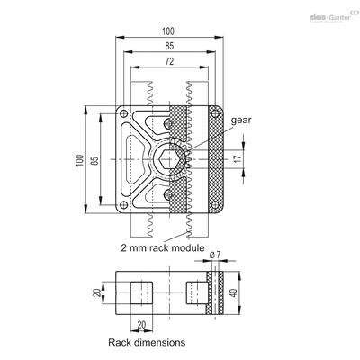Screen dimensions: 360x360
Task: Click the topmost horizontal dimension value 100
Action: [x=168, y=31]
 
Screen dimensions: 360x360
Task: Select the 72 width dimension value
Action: [x=169, y=61]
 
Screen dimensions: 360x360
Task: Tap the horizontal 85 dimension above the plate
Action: [x=169, y=46]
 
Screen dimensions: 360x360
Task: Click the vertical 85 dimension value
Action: [x=94, y=160]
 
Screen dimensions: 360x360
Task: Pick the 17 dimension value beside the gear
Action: [x=238, y=158]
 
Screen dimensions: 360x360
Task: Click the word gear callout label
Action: [x=241, y=121]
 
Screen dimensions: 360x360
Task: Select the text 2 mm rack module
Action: [x=163, y=248]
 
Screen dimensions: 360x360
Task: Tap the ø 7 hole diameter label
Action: [x=215, y=255]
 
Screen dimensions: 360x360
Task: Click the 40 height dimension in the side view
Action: [x=235, y=292]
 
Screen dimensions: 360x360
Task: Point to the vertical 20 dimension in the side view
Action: [x=97, y=292]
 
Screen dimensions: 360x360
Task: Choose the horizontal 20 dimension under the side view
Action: [x=141, y=325]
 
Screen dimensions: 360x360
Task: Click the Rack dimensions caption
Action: [x=147, y=342]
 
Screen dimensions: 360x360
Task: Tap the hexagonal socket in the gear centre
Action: [x=169, y=159]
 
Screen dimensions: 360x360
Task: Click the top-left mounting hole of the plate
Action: [x=123, y=113]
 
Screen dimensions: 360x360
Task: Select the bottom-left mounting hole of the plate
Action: [x=123, y=205]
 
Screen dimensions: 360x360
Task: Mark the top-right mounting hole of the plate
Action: [x=214, y=113]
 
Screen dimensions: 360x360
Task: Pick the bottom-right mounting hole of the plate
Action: [x=214, y=205]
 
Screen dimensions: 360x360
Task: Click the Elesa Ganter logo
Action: [x=334, y=16]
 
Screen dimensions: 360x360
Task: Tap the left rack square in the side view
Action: [x=141, y=292]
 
